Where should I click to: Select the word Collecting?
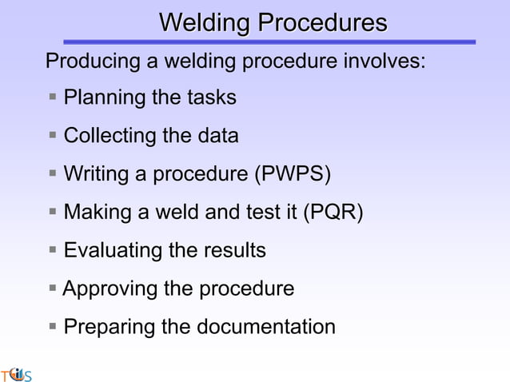coord(110,136)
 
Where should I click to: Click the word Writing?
coord(97,174)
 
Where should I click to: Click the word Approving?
coord(110,288)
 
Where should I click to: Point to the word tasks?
coord(212,98)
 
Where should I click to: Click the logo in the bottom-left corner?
coord(16,373)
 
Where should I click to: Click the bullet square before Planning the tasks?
coord(52,97)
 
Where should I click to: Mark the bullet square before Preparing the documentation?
coord(52,326)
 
